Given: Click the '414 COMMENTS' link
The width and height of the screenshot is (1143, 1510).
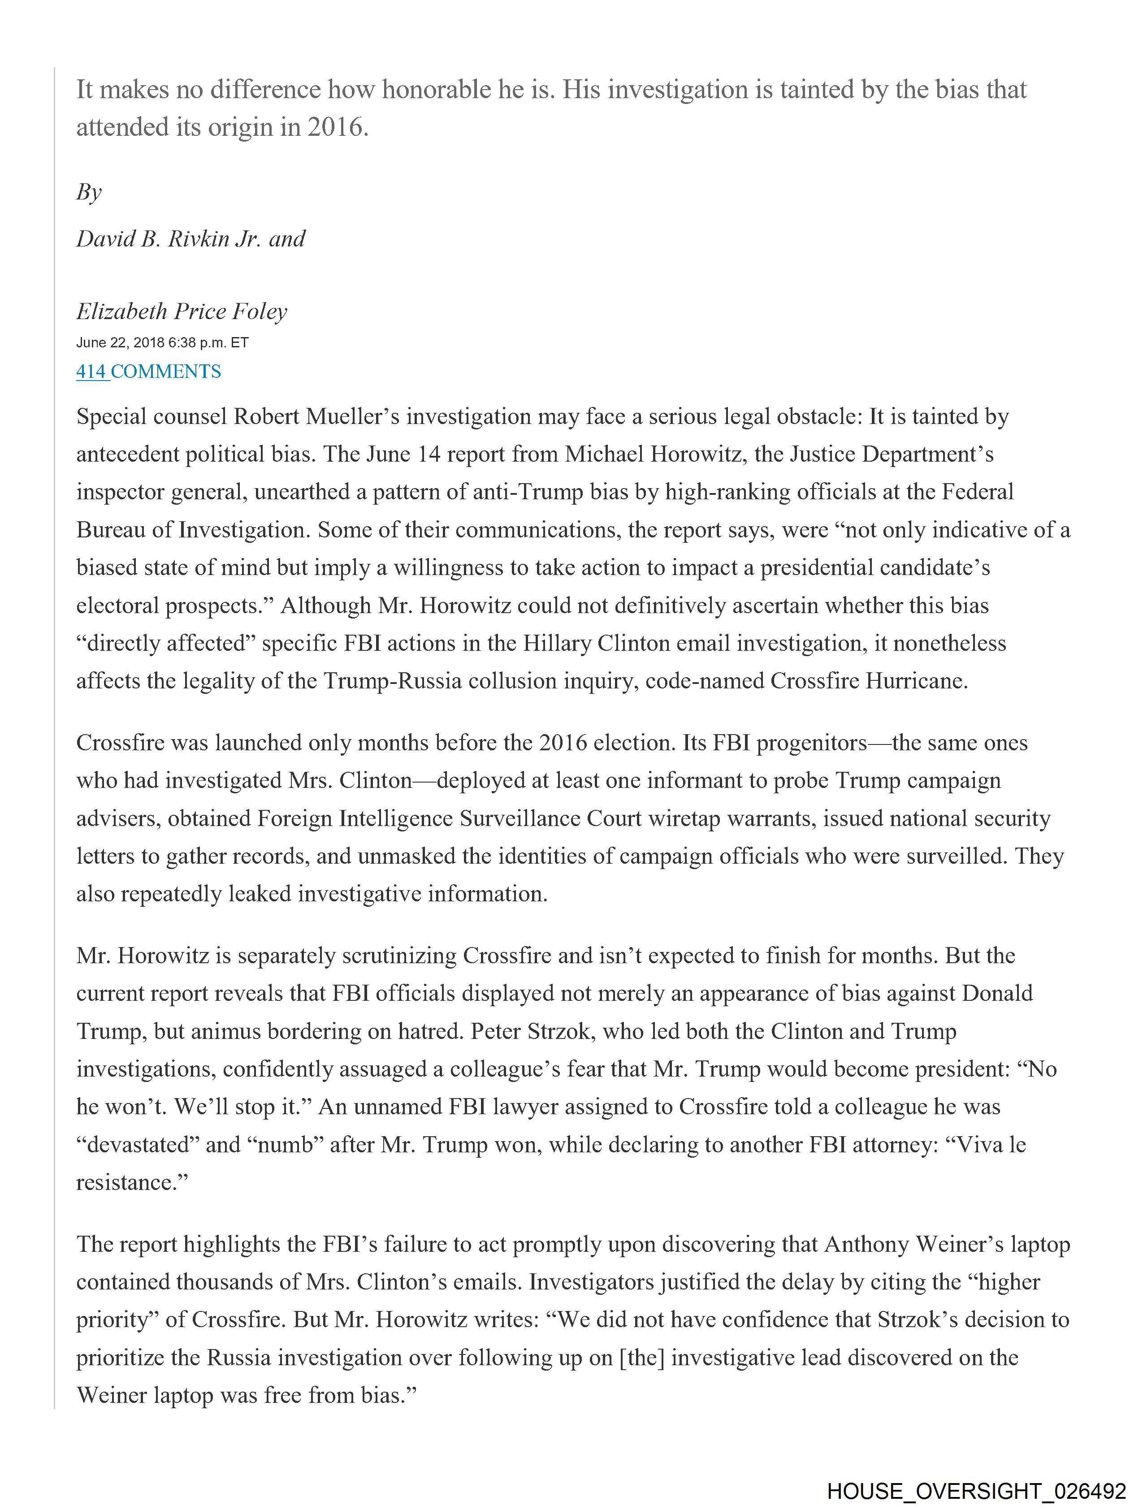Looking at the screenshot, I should [148, 372].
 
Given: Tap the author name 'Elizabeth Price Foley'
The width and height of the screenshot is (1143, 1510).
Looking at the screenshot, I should [181, 312].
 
